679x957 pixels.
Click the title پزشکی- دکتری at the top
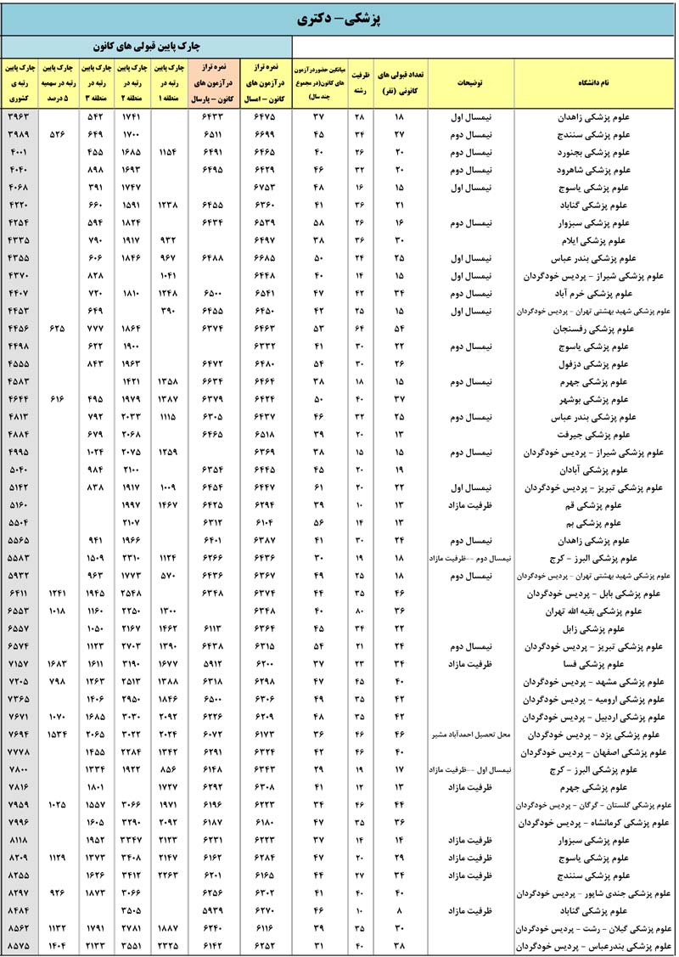tap(339, 19)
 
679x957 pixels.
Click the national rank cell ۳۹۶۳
tap(18, 115)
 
